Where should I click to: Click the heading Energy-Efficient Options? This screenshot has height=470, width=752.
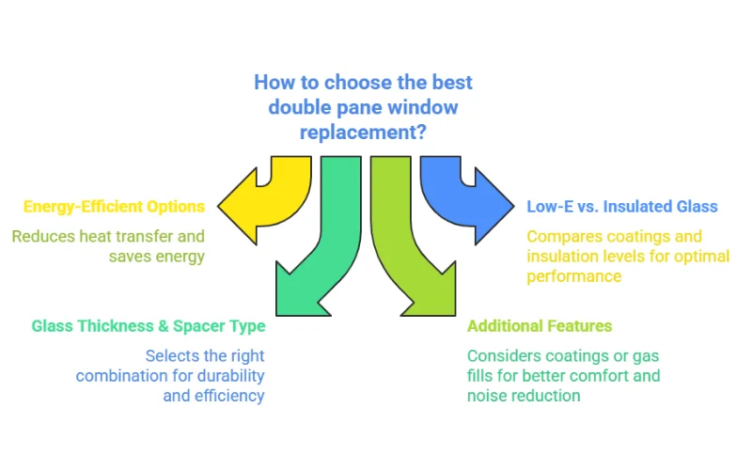[114, 207]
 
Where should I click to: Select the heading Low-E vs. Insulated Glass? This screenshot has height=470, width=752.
[621, 207]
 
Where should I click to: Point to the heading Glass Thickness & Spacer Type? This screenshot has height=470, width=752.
[149, 326]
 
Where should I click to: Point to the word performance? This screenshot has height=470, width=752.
[573, 276]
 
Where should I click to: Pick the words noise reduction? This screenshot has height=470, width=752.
[524, 396]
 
